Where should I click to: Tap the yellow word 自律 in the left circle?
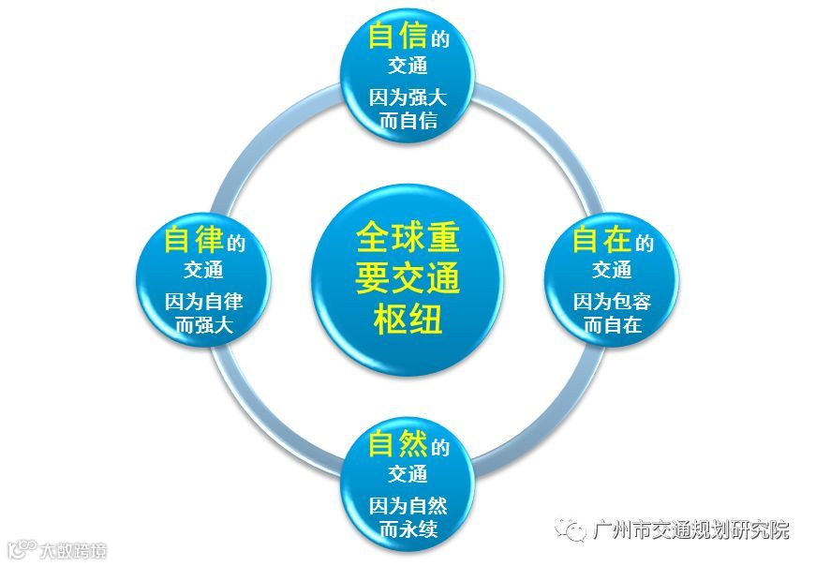(x=195, y=240)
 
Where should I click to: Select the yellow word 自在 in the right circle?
(x=601, y=240)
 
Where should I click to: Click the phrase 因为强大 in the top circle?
(x=408, y=96)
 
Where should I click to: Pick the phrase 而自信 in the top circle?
(x=408, y=119)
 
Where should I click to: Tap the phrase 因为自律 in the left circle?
(x=204, y=302)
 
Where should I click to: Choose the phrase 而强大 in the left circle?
(x=204, y=325)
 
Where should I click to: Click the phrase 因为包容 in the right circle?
(x=612, y=302)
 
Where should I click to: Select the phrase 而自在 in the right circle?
(x=612, y=325)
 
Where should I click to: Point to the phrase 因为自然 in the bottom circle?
(x=408, y=506)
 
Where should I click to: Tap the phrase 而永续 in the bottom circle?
(x=408, y=529)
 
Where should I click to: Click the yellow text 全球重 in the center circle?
(x=408, y=237)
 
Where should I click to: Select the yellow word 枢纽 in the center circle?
(x=408, y=320)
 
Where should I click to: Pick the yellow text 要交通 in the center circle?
(x=408, y=278)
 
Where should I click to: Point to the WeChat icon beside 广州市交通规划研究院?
(x=571, y=530)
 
